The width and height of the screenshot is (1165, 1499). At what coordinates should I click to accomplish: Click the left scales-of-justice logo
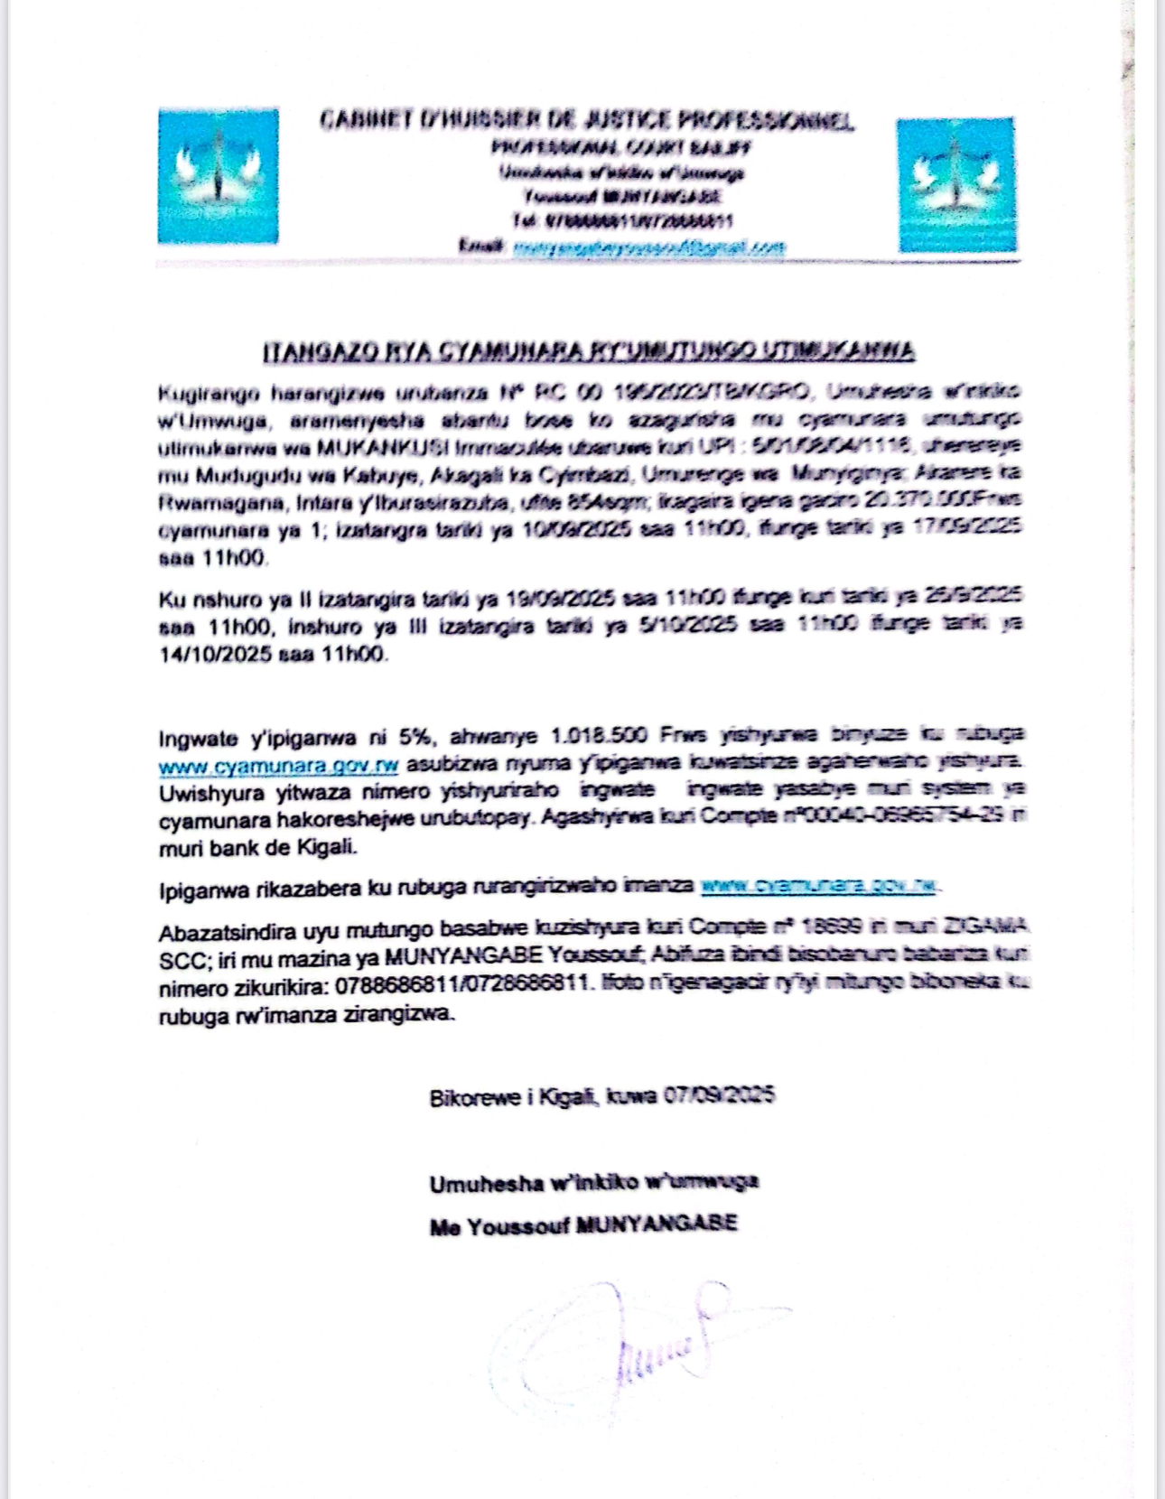pyautogui.click(x=219, y=177)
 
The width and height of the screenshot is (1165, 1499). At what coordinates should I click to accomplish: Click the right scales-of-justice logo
pyautogui.click(x=956, y=184)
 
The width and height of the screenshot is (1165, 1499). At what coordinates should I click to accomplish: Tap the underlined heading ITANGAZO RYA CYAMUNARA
pyautogui.click(x=589, y=352)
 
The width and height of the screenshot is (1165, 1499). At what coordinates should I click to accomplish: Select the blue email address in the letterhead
pyautogui.click(x=648, y=247)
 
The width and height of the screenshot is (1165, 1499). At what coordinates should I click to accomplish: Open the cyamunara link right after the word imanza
pyautogui.click(x=818, y=887)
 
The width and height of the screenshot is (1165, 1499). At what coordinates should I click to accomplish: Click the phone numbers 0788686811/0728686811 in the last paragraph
pyautogui.click(x=463, y=987)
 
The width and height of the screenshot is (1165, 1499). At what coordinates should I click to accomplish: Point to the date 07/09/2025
pyautogui.click(x=719, y=1096)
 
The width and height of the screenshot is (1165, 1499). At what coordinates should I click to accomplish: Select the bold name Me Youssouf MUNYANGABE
pyautogui.click(x=583, y=1225)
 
